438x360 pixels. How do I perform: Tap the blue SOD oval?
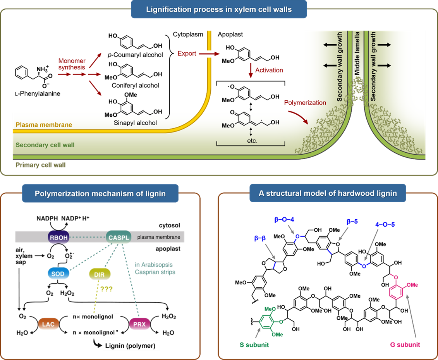click(x=58, y=274)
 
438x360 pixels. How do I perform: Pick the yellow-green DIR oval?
click(x=100, y=274)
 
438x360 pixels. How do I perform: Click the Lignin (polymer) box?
click(x=131, y=346)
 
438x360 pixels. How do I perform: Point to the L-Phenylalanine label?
click(x=38, y=93)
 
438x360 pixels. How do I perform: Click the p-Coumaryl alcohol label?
click(x=135, y=55)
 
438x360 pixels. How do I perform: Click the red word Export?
click(x=187, y=53)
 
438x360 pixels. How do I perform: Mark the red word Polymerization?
click(x=305, y=103)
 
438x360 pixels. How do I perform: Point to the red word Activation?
click(x=269, y=70)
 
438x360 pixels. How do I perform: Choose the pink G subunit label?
click(x=405, y=344)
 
